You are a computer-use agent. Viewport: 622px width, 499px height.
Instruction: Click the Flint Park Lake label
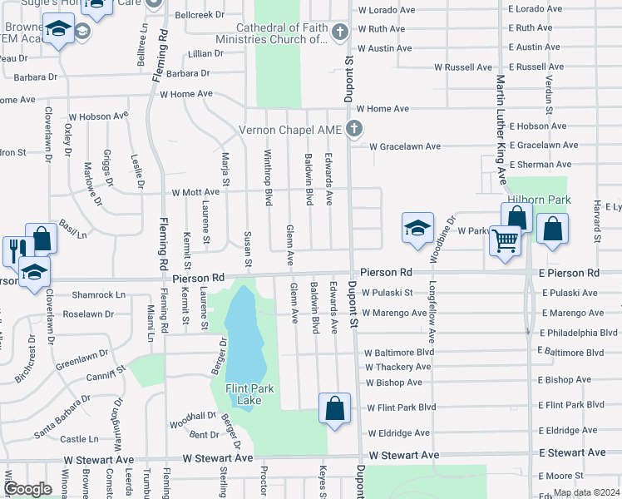pyautogui.click(x=244, y=394)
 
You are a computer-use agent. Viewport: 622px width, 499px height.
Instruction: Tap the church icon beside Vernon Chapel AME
pyautogui.click(x=354, y=130)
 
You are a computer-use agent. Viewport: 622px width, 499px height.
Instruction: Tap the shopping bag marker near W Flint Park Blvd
pyautogui.click(x=334, y=408)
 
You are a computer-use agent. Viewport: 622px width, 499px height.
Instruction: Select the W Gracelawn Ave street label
pyautogui.click(x=405, y=146)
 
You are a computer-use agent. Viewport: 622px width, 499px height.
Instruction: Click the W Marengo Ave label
pyautogui.click(x=396, y=313)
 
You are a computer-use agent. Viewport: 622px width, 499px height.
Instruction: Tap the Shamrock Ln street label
pyautogui.click(x=98, y=294)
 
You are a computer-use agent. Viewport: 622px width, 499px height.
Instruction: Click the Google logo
pyautogui.click(x=27, y=490)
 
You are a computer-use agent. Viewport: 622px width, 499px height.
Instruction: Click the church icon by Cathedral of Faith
pyautogui.click(x=338, y=33)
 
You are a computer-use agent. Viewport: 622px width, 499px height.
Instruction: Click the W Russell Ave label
pyautogui.click(x=463, y=67)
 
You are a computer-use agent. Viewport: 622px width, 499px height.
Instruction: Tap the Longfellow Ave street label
pyautogui.click(x=432, y=315)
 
